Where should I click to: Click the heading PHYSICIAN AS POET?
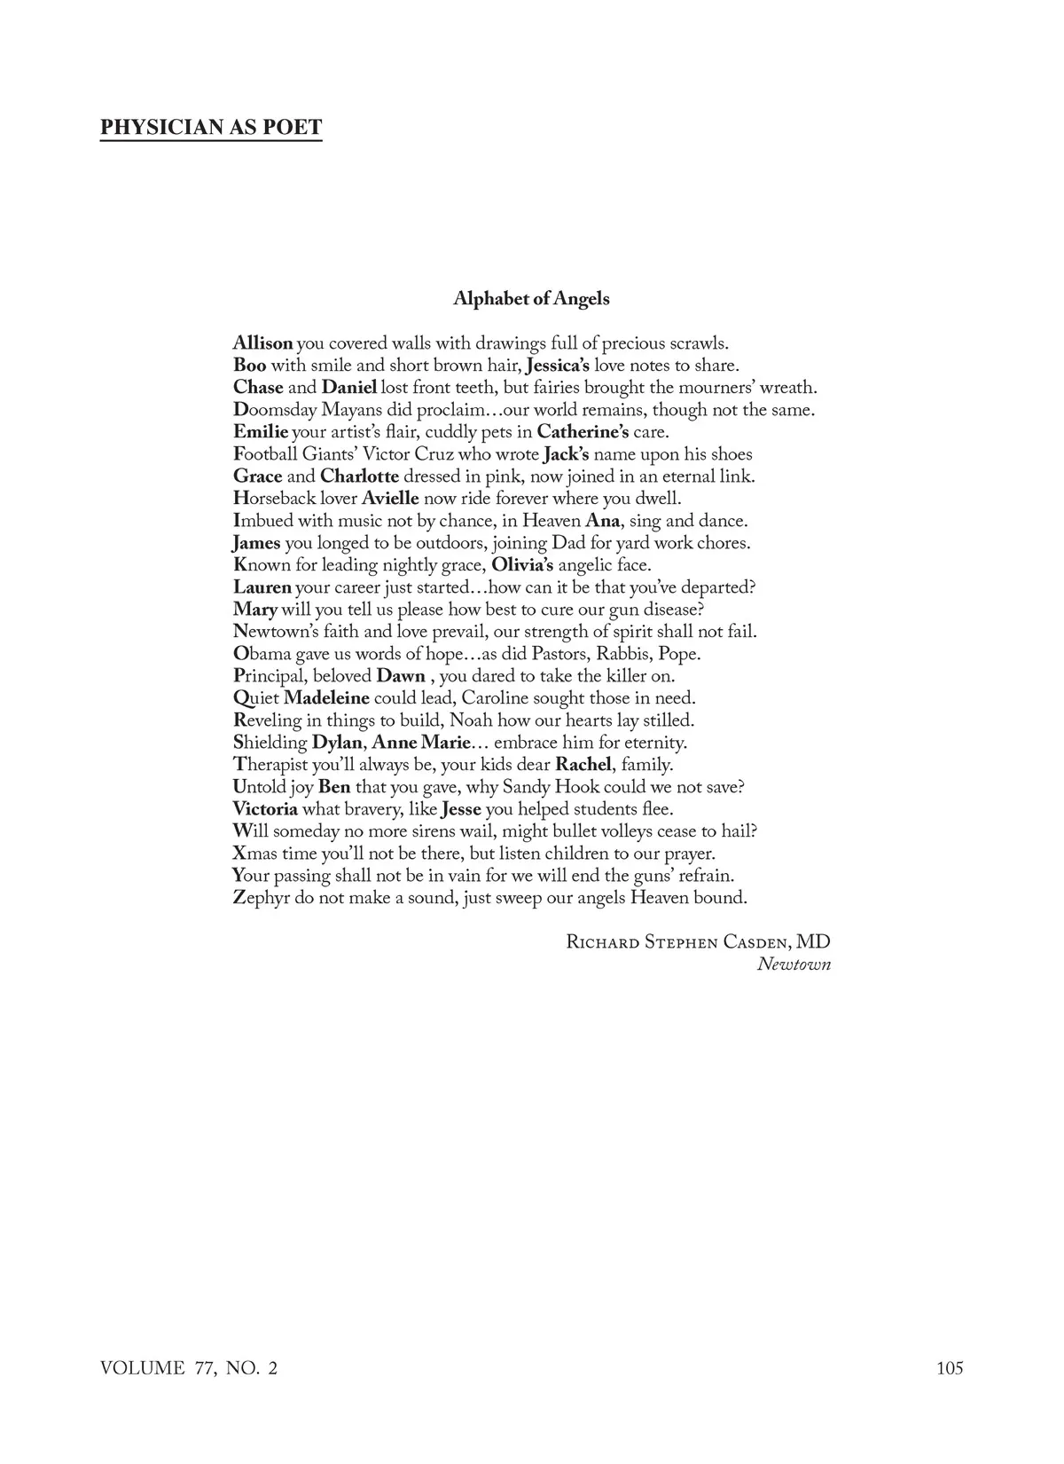[211, 127]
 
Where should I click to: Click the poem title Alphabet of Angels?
[531, 298]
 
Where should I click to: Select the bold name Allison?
[262, 343]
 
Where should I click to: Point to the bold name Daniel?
[349, 388]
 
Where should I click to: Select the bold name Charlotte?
[359, 476]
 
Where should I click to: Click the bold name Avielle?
[390, 499]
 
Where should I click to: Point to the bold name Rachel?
[583, 765]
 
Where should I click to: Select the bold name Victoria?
[265, 809]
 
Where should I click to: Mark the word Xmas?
[255, 854]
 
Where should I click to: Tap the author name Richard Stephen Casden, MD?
[698, 942]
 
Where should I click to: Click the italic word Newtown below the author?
[794, 964]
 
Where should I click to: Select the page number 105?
[949, 1368]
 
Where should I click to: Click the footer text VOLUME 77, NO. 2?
[189, 1368]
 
